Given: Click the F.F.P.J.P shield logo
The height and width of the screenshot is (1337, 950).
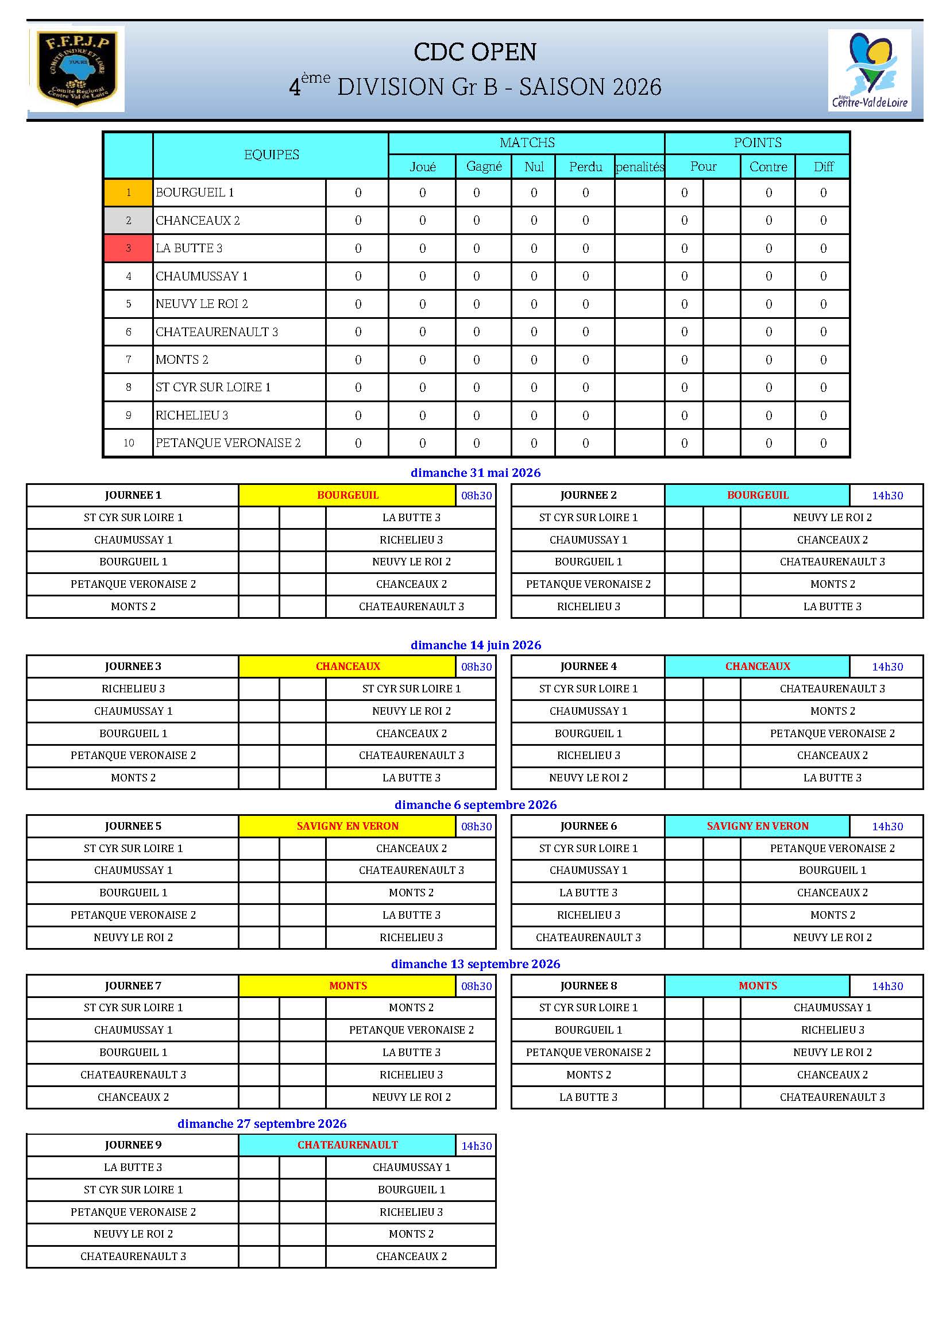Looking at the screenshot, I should coord(76,68).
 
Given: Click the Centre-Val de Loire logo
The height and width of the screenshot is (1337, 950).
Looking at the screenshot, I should coord(869,70).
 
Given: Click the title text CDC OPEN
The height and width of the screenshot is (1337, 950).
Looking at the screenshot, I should coord(474,52).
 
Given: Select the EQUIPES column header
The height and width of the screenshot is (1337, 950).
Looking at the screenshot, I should coord(271,155).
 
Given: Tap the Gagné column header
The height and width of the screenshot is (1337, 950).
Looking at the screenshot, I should coord(483,167).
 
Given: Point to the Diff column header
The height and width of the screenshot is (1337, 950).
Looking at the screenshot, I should coord(822,167).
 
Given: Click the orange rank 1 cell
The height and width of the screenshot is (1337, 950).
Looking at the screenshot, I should coord(128,192).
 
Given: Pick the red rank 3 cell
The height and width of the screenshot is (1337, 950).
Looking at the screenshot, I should coord(128,248).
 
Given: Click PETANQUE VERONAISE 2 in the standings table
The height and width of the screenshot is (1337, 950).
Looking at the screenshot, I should coord(228,443).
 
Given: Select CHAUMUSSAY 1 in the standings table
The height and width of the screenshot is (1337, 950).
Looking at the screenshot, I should coord(201,276).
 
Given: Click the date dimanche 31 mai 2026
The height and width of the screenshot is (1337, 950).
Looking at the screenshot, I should coord(475,473).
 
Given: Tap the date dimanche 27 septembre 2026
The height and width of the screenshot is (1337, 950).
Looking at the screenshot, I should coord(261,1123).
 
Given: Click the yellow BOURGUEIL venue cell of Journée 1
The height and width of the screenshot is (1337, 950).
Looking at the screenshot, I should coord(347,495).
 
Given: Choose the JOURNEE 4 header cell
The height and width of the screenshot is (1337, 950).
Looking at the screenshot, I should coord(588,666).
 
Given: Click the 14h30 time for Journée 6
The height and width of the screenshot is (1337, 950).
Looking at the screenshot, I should coord(887,826).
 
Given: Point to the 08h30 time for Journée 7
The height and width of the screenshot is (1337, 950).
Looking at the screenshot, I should coord(476,986).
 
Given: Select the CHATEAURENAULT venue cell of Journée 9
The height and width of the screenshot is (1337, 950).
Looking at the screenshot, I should coord(347,1145).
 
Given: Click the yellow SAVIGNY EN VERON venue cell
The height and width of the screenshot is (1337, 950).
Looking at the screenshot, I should coord(347,826).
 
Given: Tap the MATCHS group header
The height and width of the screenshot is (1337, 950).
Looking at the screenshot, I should coord(527,142).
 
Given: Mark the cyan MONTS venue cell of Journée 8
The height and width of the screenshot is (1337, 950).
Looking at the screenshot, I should coord(757,986).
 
